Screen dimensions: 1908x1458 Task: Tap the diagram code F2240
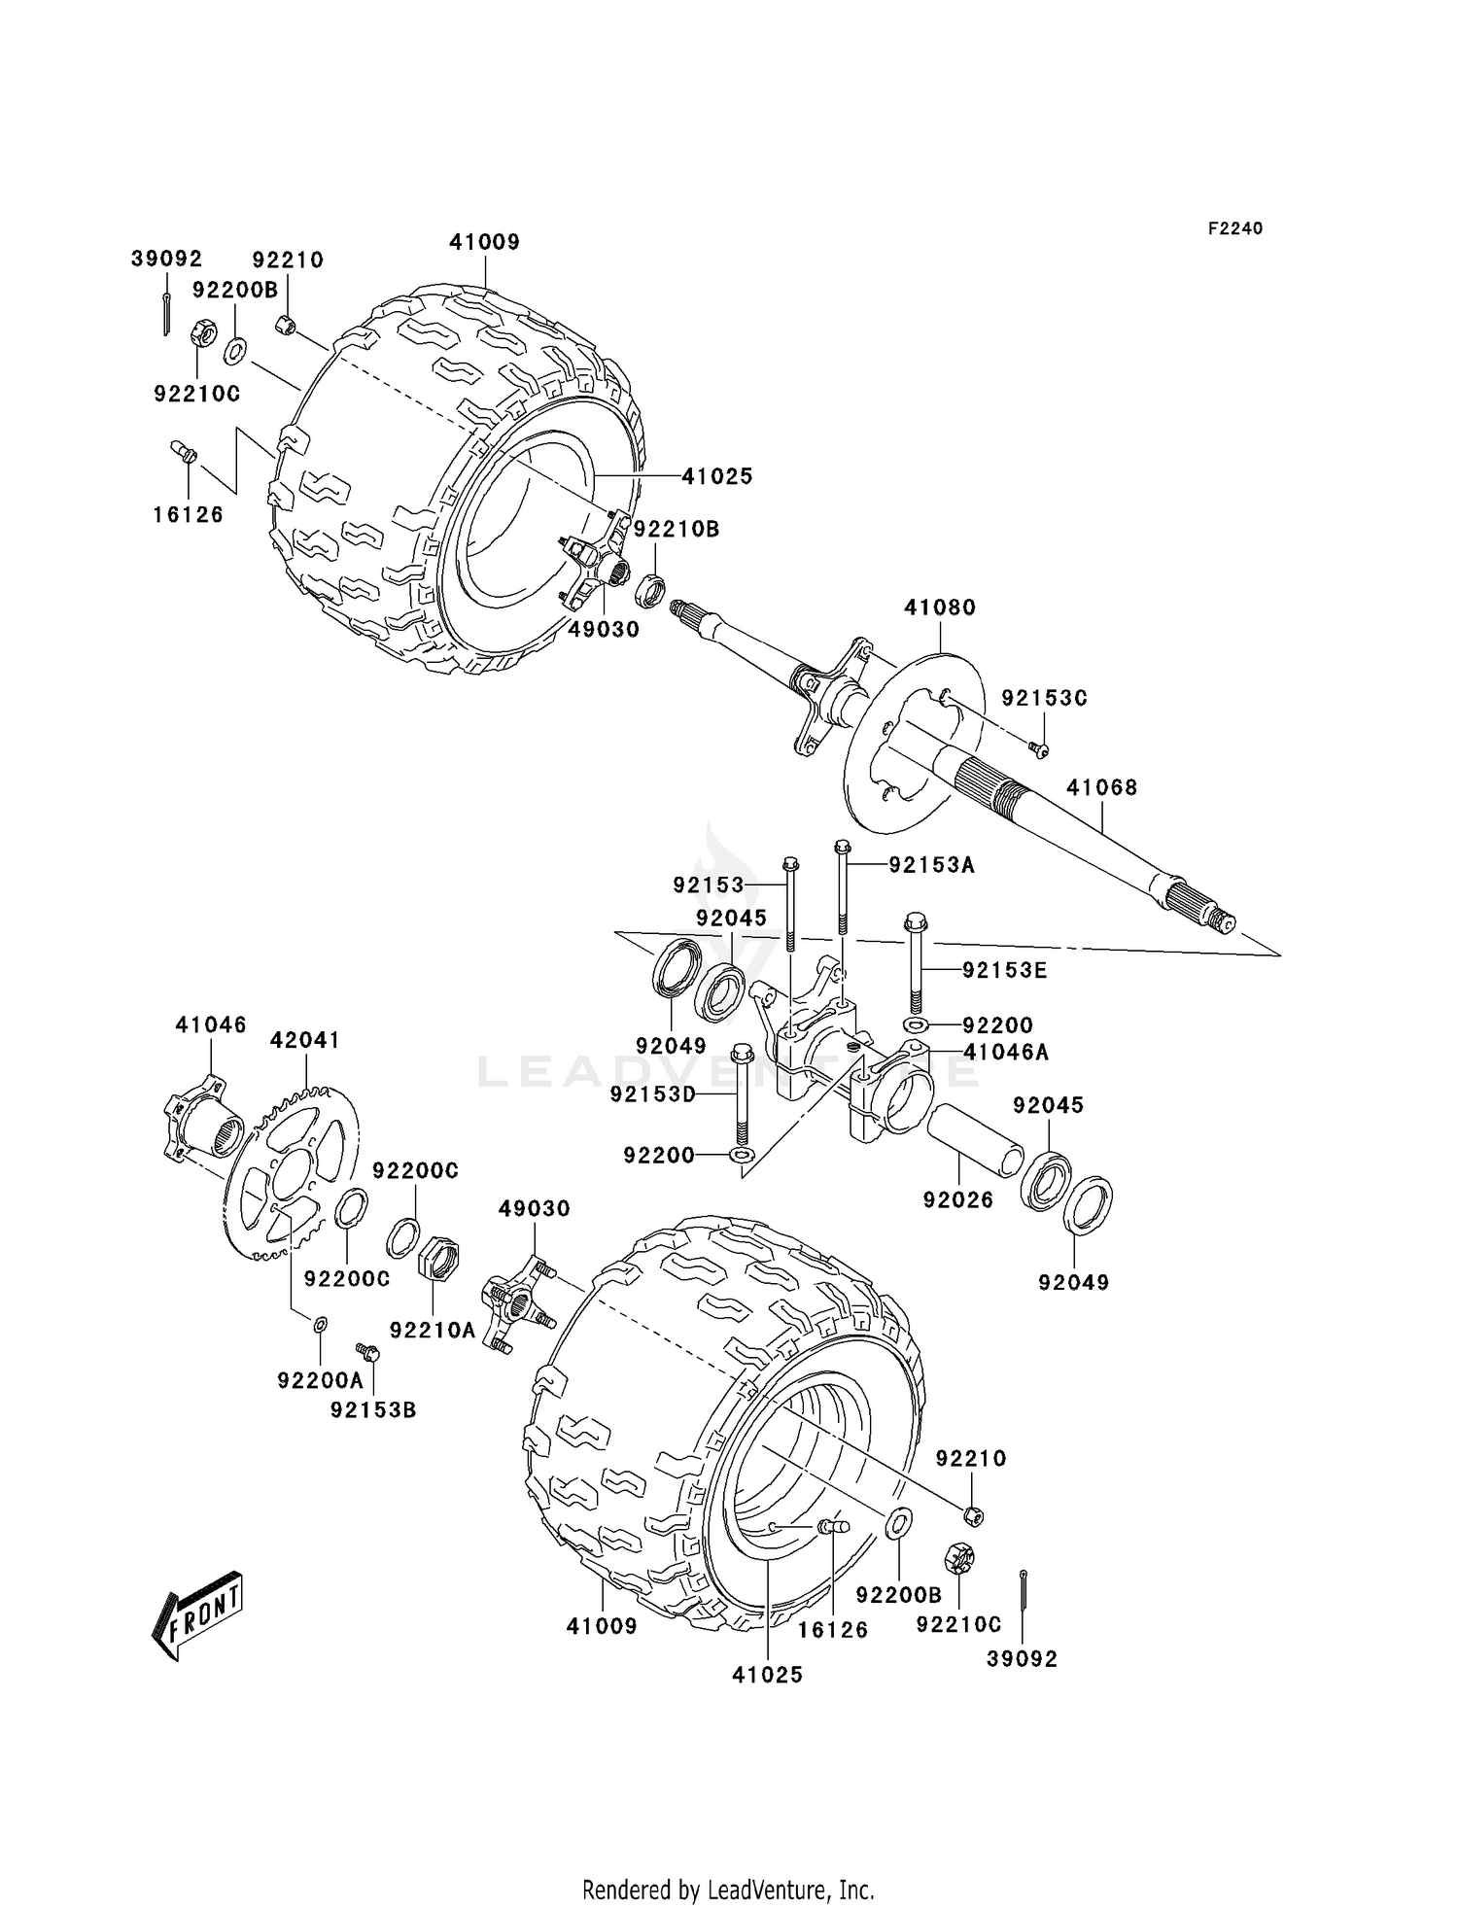[x=1234, y=228]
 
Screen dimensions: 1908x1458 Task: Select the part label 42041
[x=305, y=1040]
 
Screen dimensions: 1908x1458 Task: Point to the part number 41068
[x=1101, y=787]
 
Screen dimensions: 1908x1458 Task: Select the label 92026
[x=958, y=1200]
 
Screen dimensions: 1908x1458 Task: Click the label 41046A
[x=1006, y=1052]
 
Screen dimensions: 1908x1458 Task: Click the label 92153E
[x=1006, y=970]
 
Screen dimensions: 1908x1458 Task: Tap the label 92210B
[x=677, y=530]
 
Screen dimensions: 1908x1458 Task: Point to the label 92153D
[x=653, y=1094]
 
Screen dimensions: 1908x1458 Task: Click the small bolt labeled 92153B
[x=368, y=1352]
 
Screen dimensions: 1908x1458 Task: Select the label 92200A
[x=320, y=1379]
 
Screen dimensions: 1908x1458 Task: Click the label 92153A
[x=931, y=864]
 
